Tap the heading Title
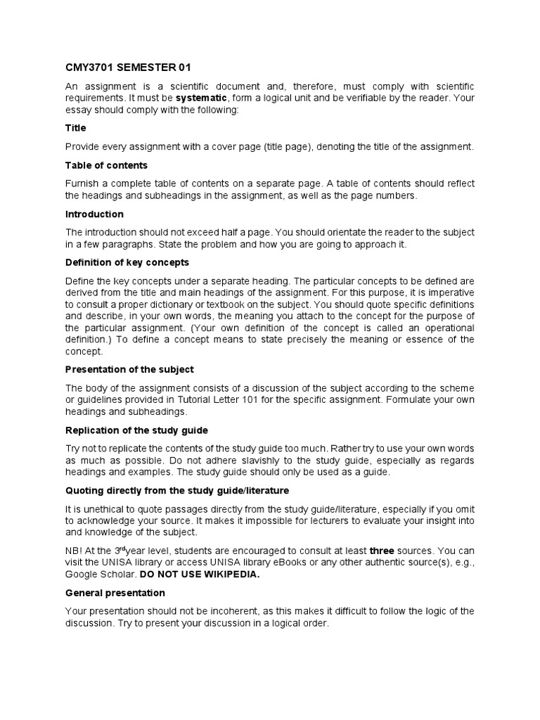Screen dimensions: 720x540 [76, 128]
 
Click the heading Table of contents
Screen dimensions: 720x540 [106, 165]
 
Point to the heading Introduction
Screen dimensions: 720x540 [94, 214]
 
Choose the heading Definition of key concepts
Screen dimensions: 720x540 [127, 262]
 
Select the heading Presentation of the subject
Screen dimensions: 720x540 [129, 369]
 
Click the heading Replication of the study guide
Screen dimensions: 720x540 [136, 430]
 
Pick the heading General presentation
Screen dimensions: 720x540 [115, 593]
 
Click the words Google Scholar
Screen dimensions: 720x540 [96, 574]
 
